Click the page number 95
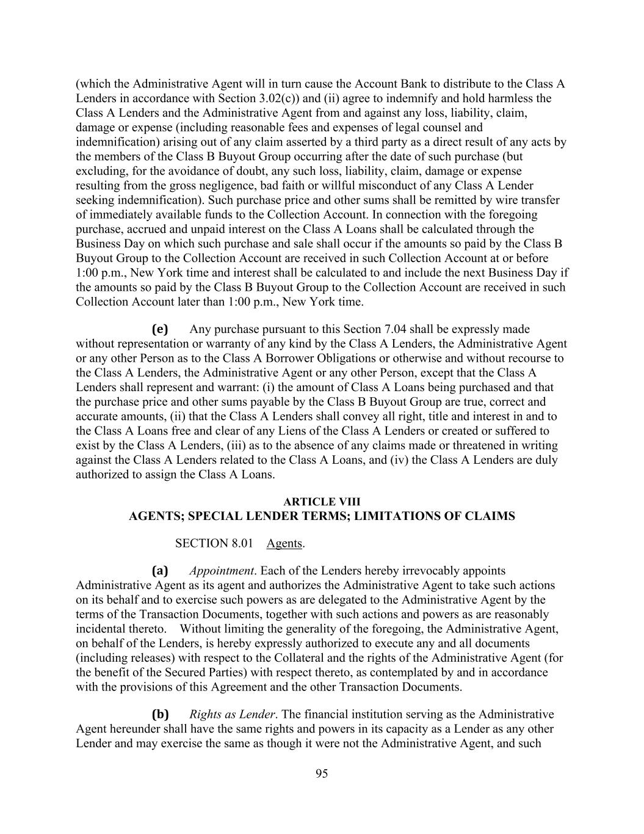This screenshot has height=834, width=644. click(322, 774)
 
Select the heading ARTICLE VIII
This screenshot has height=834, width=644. click(322, 502)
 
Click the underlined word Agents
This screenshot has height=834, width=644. click(284, 543)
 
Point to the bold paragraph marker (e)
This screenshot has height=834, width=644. click(160, 329)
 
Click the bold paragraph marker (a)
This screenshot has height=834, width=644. click(160, 571)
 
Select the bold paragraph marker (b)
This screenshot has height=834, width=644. click(160, 714)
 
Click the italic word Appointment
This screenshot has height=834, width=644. click(221, 571)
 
